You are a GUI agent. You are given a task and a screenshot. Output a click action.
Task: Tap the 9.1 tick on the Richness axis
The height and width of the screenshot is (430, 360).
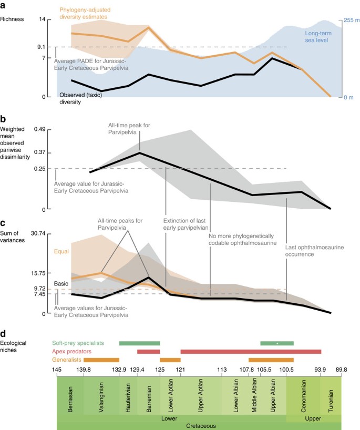[42, 47]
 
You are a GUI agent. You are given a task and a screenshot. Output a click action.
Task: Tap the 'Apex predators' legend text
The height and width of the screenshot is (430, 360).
[71, 351]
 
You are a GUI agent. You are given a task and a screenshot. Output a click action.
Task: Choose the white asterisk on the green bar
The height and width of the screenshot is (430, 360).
[277, 343]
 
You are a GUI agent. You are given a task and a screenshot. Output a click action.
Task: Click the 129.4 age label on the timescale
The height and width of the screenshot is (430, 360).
[138, 370]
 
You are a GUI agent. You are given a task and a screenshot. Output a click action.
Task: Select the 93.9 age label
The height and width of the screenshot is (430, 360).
[321, 370]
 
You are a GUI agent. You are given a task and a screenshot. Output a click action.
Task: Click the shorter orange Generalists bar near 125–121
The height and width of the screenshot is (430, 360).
[170, 360]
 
